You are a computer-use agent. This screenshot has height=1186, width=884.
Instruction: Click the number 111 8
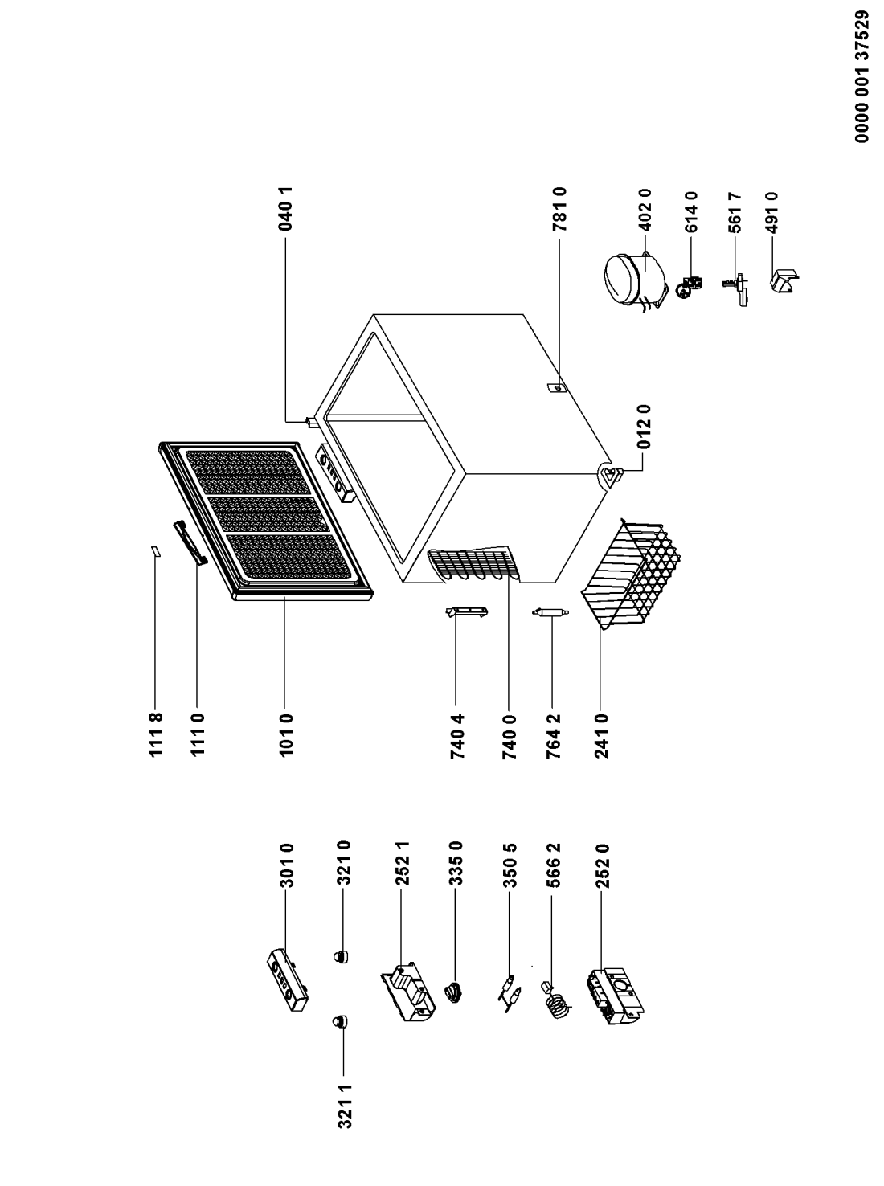click(x=156, y=735)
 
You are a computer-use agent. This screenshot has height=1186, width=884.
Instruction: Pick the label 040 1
click(x=287, y=211)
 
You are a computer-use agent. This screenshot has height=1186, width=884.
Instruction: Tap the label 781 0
click(x=559, y=211)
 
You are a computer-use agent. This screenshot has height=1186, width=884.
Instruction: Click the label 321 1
click(x=346, y=1107)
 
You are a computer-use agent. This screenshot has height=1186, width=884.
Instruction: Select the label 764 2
click(x=552, y=735)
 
